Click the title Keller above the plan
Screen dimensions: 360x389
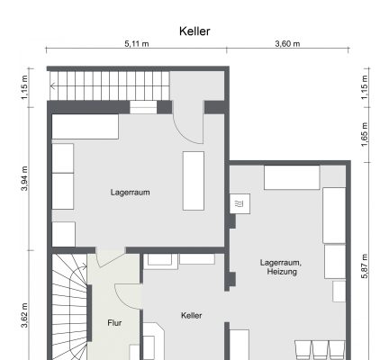(x=194, y=31)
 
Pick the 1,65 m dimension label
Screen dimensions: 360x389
(x=365, y=140)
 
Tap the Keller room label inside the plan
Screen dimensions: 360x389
(x=191, y=315)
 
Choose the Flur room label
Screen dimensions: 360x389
(x=114, y=321)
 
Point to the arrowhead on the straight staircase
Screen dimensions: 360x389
(x=53, y=87)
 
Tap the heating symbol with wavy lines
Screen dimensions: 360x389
(x=240, y=205)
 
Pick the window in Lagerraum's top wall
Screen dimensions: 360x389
(x=143, y=107)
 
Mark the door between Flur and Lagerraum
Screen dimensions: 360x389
(x=110, y=257)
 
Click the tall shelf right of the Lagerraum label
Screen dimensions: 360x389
(x=194, y=181)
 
